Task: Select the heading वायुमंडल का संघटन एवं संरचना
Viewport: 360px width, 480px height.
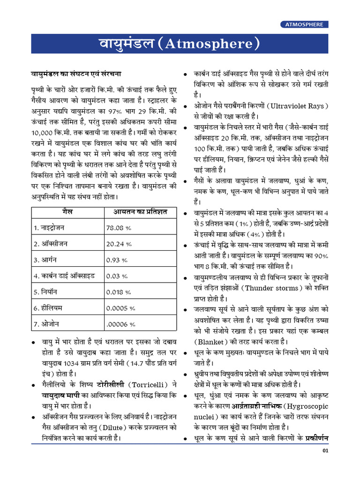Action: point(76,74)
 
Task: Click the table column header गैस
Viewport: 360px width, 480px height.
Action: point(67,212)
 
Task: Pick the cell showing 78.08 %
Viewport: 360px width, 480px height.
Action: point(119,228)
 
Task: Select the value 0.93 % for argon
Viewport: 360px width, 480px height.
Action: point(117,260)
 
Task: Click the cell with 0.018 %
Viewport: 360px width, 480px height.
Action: point(119,292)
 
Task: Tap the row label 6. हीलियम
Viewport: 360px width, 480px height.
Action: point(49,308)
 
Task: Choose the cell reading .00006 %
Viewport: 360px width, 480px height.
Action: point(120,324)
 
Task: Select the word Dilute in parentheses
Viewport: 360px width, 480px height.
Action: point(113,427)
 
